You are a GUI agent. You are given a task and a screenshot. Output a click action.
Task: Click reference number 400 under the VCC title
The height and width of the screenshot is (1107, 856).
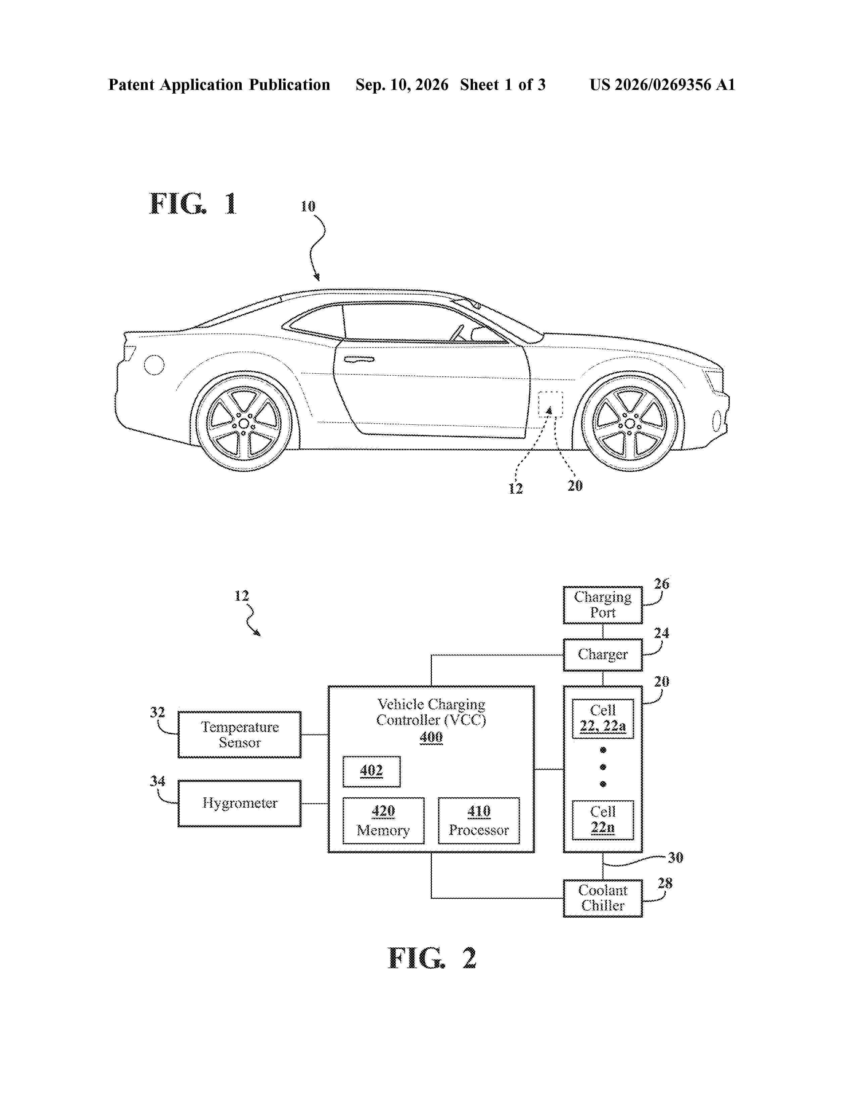pyautogui.click(x=431, y=737)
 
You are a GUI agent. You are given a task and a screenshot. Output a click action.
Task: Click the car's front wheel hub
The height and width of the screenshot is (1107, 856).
pyautogui.click(x=629, y=423)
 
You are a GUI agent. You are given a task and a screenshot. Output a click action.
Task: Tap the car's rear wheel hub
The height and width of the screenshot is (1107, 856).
pyautogui.click(x=244, y=423)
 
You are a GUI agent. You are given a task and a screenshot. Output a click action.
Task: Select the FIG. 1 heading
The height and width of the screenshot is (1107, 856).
pyautogui.click(x=193, y=204)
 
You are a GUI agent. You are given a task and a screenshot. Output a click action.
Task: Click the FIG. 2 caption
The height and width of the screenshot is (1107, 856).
pyautogui.click(x=432, y=958)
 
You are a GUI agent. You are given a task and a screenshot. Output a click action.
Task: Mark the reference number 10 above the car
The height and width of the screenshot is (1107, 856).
pyautogui.click(x=308, y=206)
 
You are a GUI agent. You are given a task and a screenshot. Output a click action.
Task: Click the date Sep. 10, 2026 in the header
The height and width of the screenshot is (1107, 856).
pyautogui.click(x=401, y=85)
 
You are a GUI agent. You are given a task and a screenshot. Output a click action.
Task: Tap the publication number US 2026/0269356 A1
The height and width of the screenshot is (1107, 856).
pyautogui.click(x=662, y=85)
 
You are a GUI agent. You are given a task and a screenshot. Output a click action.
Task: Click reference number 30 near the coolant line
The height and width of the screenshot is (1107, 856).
pyautogui.click(x=675, y=858)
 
